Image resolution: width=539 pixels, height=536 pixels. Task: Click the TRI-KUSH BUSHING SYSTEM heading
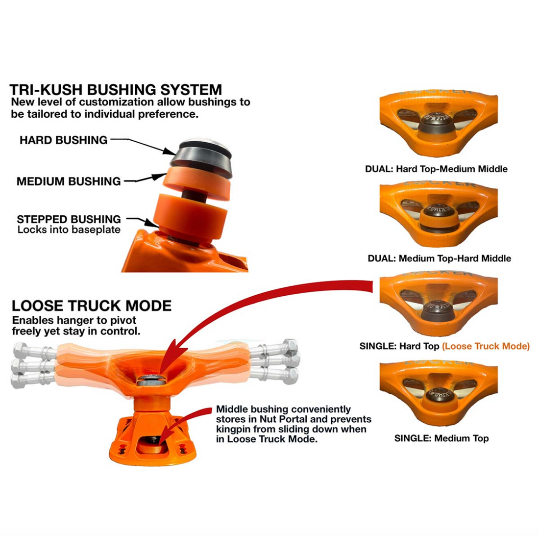click(x=116, y=90)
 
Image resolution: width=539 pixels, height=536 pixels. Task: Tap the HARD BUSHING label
click(x=63, y=140)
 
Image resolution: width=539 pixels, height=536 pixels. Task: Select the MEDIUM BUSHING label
click(x=69, y=181)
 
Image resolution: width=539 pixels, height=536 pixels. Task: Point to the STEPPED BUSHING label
click(x=69, y=219)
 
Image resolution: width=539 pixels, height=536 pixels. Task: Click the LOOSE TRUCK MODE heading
click(x=92, y=306)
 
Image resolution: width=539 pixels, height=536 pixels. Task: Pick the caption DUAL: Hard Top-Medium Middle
click(x=436, y=169)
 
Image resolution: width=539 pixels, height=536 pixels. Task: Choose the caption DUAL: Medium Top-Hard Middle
click(x=439, y=258)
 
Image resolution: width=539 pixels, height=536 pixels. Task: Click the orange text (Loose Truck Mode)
click(x=486, y=346)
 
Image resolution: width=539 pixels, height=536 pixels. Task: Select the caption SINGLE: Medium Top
click(x=441, y=438)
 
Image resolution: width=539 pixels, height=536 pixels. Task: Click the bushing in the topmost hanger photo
click(x=439, y=123)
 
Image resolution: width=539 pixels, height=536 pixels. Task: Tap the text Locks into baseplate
click(x=69, y=230)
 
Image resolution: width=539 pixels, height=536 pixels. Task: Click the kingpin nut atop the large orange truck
click(x=149, y=379)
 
